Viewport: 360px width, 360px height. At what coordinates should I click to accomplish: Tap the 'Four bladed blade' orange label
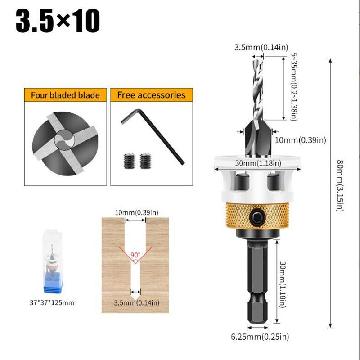coord(65,95)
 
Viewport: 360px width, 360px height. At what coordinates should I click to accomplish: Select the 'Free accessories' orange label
coord(151,95)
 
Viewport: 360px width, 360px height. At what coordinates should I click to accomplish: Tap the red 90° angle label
coord(135,255)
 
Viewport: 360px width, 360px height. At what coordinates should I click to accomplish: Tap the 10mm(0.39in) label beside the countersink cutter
coord(299,140)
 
